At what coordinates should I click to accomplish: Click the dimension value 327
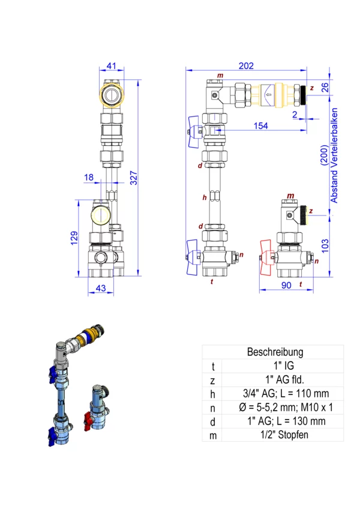pos(134,178)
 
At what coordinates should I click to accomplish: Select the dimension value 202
pos(246,66)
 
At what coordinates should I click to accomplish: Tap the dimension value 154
pos(260,126)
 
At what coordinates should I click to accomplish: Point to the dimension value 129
pos(74,238)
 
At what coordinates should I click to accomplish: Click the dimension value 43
pos(101,288)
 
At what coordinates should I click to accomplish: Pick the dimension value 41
pos(112,66)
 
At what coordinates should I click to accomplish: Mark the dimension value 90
pos(286,285)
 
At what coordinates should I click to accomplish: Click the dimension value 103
pos(325,246)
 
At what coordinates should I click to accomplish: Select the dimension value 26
pos(325,87)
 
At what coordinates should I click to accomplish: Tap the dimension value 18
pos(89,177)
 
